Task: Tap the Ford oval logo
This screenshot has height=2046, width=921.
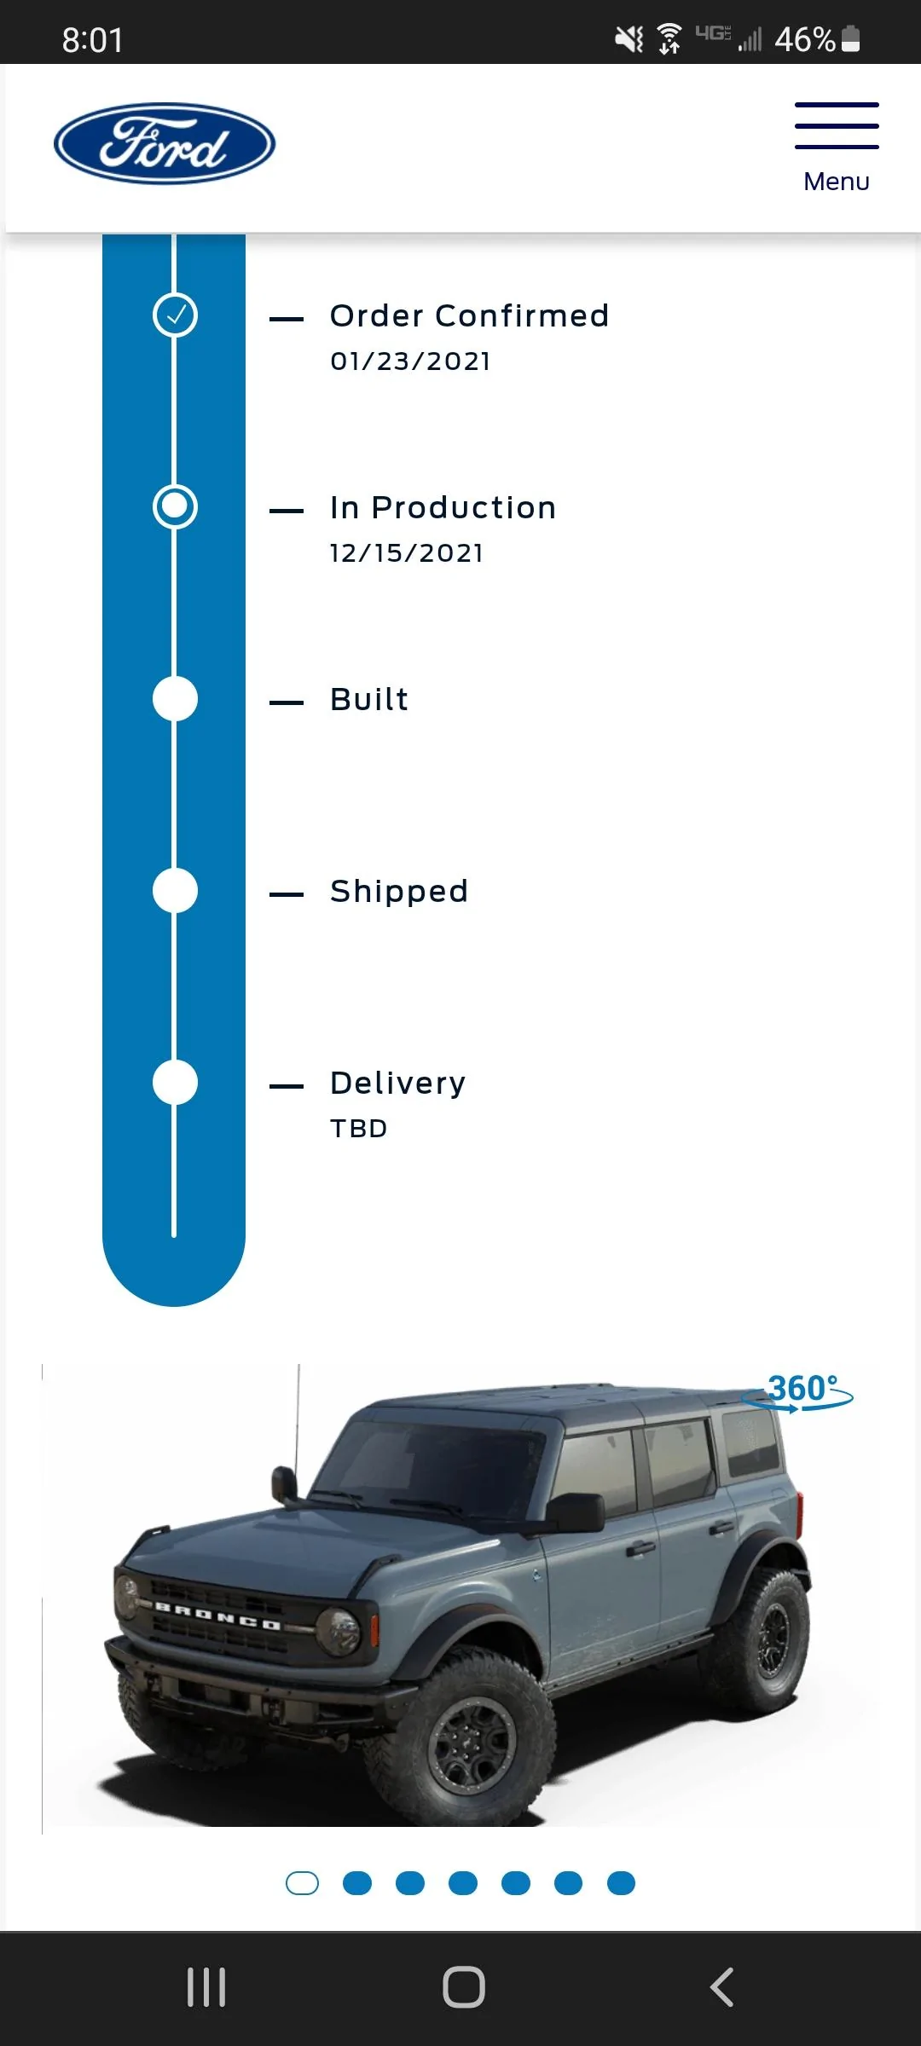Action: point(165,143)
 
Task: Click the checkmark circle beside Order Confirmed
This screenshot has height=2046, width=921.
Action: point(175,315)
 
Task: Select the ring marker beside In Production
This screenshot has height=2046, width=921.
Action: point(175,506)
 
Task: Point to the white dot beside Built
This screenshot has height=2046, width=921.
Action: point(175,698)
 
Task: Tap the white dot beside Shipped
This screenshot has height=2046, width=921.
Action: point(175,890)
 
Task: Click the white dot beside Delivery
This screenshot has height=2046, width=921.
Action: point(175,1082)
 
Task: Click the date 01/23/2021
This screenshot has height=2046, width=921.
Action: point(410,361)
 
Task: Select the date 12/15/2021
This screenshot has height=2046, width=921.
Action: point(407,553)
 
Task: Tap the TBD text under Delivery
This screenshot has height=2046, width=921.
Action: point(359,1129)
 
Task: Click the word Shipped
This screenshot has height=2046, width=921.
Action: point(399,892)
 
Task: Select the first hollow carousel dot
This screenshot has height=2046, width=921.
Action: point(302,1883)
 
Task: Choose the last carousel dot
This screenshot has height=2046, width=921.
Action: point(621,1883)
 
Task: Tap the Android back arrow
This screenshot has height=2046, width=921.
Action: point(721,1987)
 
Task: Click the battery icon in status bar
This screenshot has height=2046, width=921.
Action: point(850,39)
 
